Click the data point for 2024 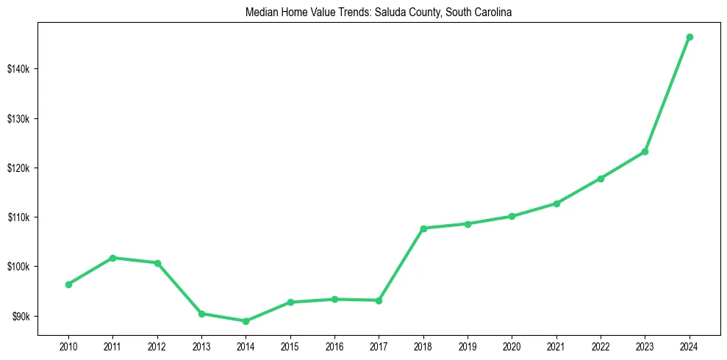click(x=690, y=37)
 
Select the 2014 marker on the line click(x=246, y=321)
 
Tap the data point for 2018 click(x=423, y=228)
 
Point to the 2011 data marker click(x=112, y=258)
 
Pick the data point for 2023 click(x=645, y=151)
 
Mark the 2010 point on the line click(x=68, y=284)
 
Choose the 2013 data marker click(x=201, y=314)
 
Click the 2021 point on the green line click(x=556, y=204)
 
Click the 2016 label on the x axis click(x=334, y=346)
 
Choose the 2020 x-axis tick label click(x=512, y=346)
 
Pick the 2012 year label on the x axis click(x=157, y=346)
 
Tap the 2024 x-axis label click(x=690, y=346)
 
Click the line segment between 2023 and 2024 click(x=667, y=94)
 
